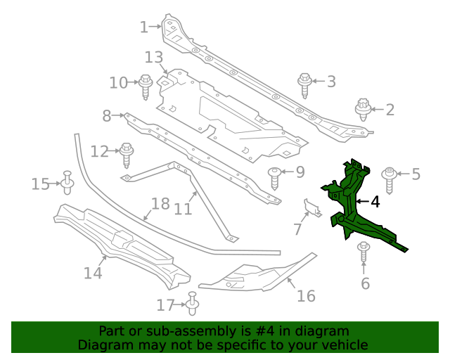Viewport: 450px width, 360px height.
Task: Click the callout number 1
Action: (143, 27)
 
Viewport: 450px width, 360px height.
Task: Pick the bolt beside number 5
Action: (388, 179)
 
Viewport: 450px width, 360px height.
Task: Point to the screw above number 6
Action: (364, 253)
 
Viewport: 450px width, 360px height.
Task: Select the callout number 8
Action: (107, 115)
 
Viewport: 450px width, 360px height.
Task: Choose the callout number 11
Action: (183, 210)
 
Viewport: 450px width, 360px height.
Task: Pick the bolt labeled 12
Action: (127, 154)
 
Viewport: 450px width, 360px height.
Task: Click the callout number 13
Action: (153, 57)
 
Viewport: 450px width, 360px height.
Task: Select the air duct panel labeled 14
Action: (120, 243)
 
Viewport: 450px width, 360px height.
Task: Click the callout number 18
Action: (160, 204)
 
